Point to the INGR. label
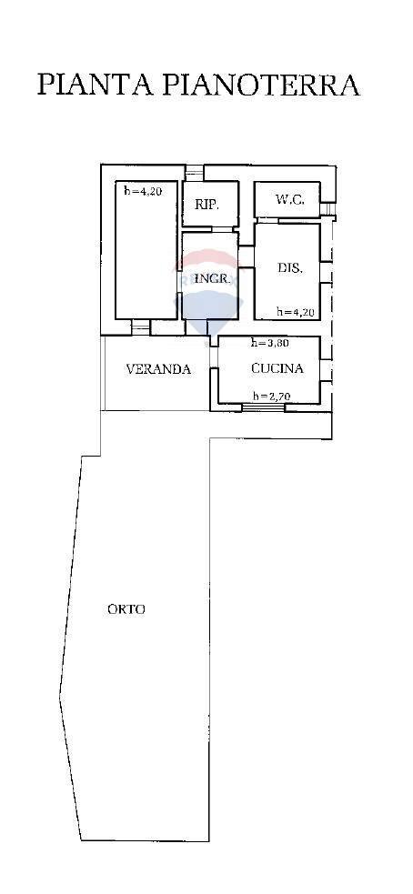click(x=208, y=279)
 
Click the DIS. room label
click(x=290, y=268)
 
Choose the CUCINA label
click(x=277, y=369)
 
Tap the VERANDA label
click(x=158, y=369)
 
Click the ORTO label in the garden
click(x=126, y=609)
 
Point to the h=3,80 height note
click(x=270, y=344)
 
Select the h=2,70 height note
click(x=270, y=396)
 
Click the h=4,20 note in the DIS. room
click(x=297, y=312)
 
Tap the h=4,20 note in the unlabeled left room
click(x=143, y=191)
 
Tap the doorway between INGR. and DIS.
click(x=247, y=259)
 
